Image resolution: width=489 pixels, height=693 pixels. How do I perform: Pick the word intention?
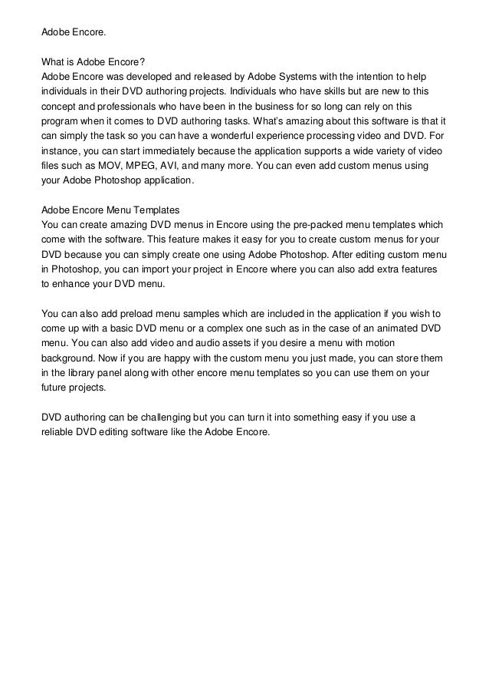tap(361, 78)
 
